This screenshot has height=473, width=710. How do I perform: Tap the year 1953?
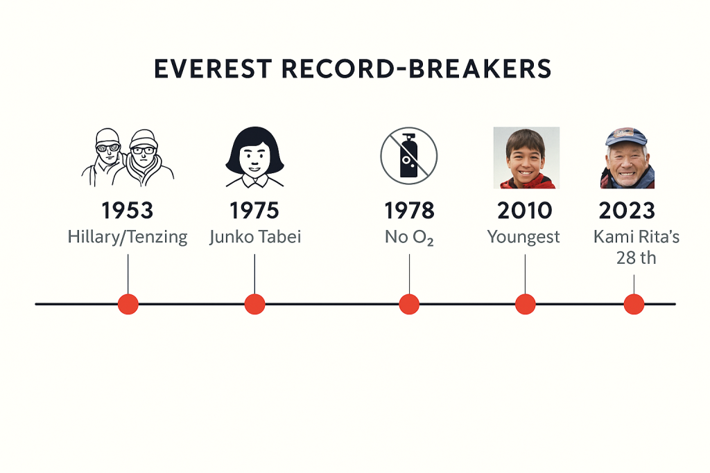128,211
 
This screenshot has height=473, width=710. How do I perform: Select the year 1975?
254,211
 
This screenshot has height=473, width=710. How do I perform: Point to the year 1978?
409,211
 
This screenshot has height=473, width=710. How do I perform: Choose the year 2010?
524,211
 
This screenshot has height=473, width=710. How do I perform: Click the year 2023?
634,211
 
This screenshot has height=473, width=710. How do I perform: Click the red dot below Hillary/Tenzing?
128,304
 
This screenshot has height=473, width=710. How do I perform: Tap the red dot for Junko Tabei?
255,304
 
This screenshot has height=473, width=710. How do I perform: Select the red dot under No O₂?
409,304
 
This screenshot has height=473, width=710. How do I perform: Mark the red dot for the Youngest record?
525,304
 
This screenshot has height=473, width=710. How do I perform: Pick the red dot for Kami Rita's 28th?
634,304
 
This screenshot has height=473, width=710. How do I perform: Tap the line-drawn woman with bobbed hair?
254,157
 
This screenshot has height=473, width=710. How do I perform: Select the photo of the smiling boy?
526,158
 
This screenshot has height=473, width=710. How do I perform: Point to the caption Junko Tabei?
255,237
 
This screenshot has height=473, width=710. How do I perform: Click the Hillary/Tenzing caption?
128,237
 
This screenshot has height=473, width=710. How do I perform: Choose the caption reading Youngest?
523,237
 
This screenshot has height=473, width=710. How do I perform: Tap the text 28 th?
636,258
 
